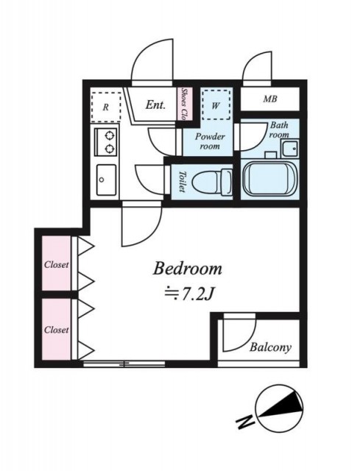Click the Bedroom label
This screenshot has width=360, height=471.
(187, 268)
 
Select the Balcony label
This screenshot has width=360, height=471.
(270, 347)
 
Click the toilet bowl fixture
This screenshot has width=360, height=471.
(212, 183)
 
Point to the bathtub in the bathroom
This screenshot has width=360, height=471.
(269, 179)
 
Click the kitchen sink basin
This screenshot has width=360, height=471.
(106, 180)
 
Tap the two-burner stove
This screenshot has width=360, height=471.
(106, 142)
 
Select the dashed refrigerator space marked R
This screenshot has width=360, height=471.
(106, 107)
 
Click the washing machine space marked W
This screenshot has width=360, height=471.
(216, 105)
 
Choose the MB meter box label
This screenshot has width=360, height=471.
(270, 99)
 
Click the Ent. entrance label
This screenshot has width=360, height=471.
(155, 105)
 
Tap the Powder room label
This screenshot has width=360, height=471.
(210, 141)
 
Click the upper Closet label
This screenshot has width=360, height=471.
(57, 265)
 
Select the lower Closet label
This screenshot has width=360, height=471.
(57, 330)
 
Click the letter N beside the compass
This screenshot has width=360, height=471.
(246, 421)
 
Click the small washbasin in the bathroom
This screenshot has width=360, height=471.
(290, 148)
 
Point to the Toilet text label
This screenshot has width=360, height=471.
(182, 182)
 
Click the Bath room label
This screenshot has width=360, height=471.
(279, 130)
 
